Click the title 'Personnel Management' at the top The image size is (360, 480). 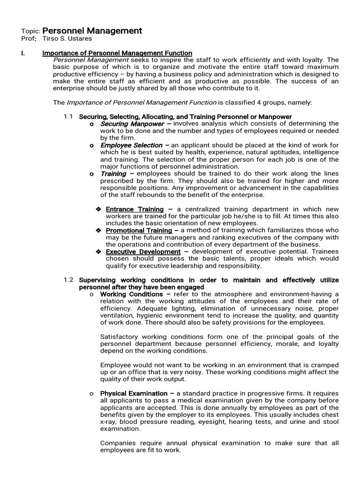92,30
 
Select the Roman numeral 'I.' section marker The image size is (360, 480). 23,53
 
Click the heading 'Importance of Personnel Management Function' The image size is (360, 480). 117,53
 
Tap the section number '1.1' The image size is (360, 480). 68,116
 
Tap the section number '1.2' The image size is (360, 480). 68,280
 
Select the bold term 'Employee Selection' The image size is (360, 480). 131,145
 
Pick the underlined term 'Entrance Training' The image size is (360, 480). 135,209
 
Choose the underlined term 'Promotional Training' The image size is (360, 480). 139,231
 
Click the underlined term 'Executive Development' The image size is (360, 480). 143,252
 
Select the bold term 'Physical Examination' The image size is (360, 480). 134,393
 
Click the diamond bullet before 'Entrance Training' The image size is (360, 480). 98,209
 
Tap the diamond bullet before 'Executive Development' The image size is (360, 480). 98,252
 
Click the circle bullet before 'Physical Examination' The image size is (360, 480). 91,394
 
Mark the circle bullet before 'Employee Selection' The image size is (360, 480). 91,146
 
